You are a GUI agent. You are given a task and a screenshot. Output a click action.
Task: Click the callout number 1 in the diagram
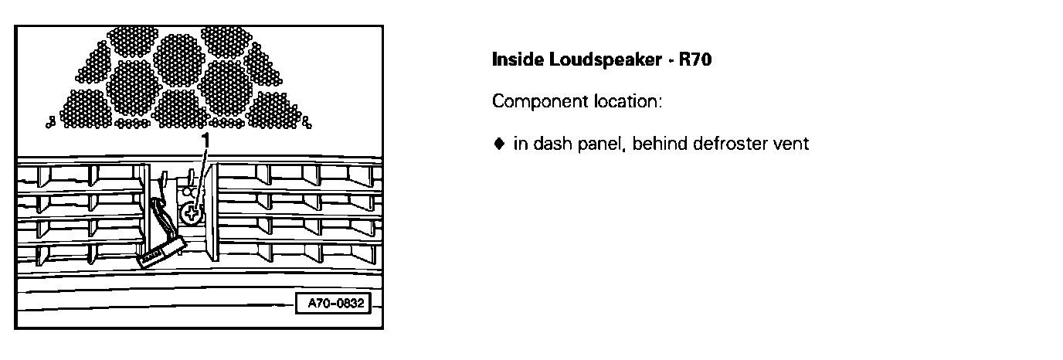pyautogui.click(x=205, y=139)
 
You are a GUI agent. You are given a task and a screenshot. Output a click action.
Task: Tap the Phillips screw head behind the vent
pyautogui.click(x=191, y=214)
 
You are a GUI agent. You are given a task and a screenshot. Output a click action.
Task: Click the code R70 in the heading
pyautogui.click(x=694, y=59)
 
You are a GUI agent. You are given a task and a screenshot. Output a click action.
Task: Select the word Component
pyautogui.click(x=533, y=102)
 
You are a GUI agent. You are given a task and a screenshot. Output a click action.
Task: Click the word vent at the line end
pyautogui.click(x=791, y=144)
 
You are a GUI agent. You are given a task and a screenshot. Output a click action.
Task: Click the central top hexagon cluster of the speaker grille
pyautogui.click(x=178, y=51)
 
